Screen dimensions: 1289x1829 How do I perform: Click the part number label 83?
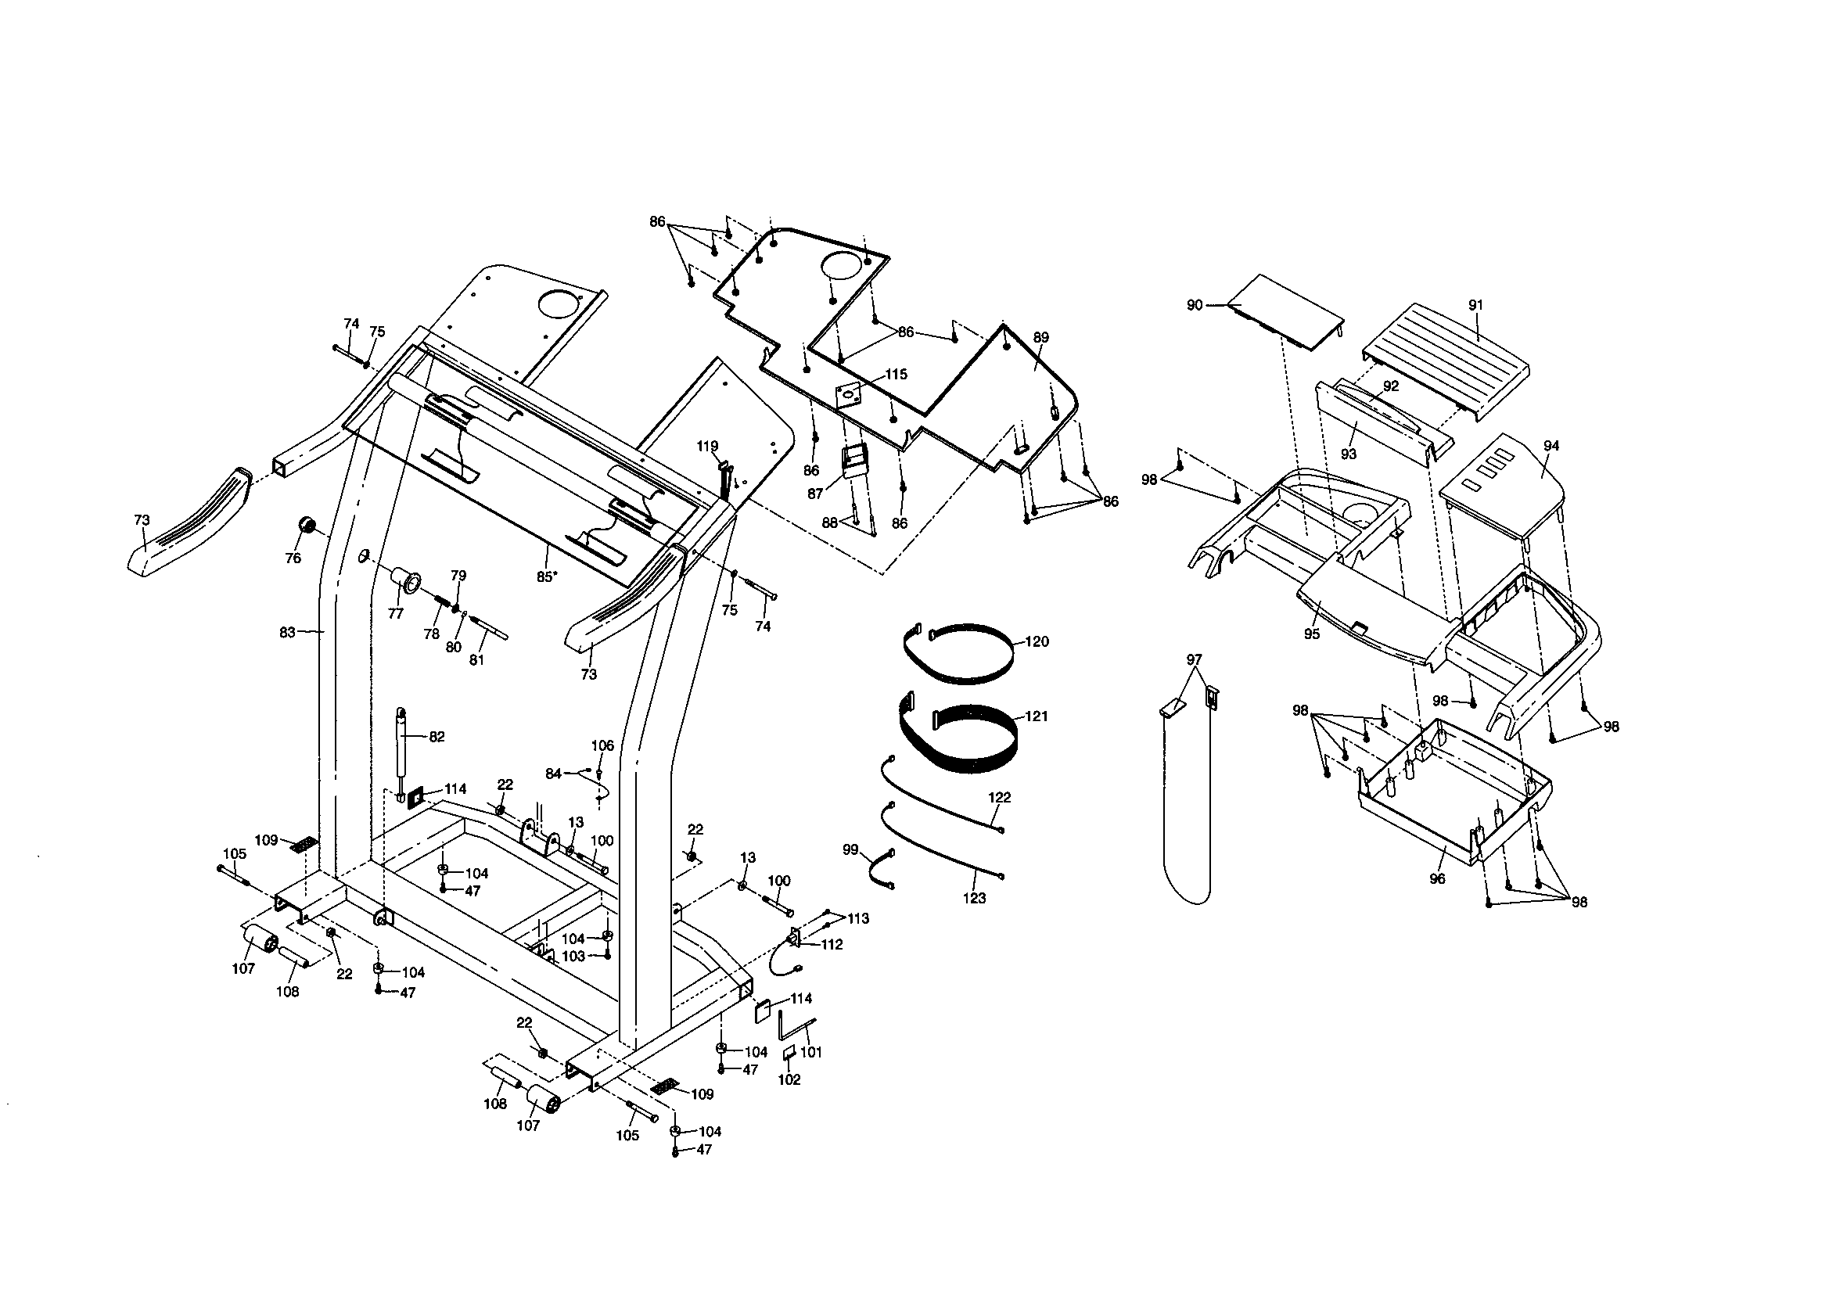[x=287, y=633]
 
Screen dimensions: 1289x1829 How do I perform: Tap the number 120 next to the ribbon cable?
[x=1037, y=641]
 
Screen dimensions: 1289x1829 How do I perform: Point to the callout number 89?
[x=1041, y=337]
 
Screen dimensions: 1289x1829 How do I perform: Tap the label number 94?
[x=1551, y=446]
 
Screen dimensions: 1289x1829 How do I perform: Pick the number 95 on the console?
[x=1311, y=634]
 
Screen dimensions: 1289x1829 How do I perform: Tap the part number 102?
[x=789, y=1080]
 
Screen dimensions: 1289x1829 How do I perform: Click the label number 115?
[x=897, y=375]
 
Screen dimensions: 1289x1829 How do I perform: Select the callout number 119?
[x=707, y=446]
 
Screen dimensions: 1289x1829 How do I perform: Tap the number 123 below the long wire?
[x=974, y=899]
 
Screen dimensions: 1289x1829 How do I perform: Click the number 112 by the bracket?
[x=832, y=945]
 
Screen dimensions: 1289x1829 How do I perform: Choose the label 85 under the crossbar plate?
[x=544, y=576]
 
